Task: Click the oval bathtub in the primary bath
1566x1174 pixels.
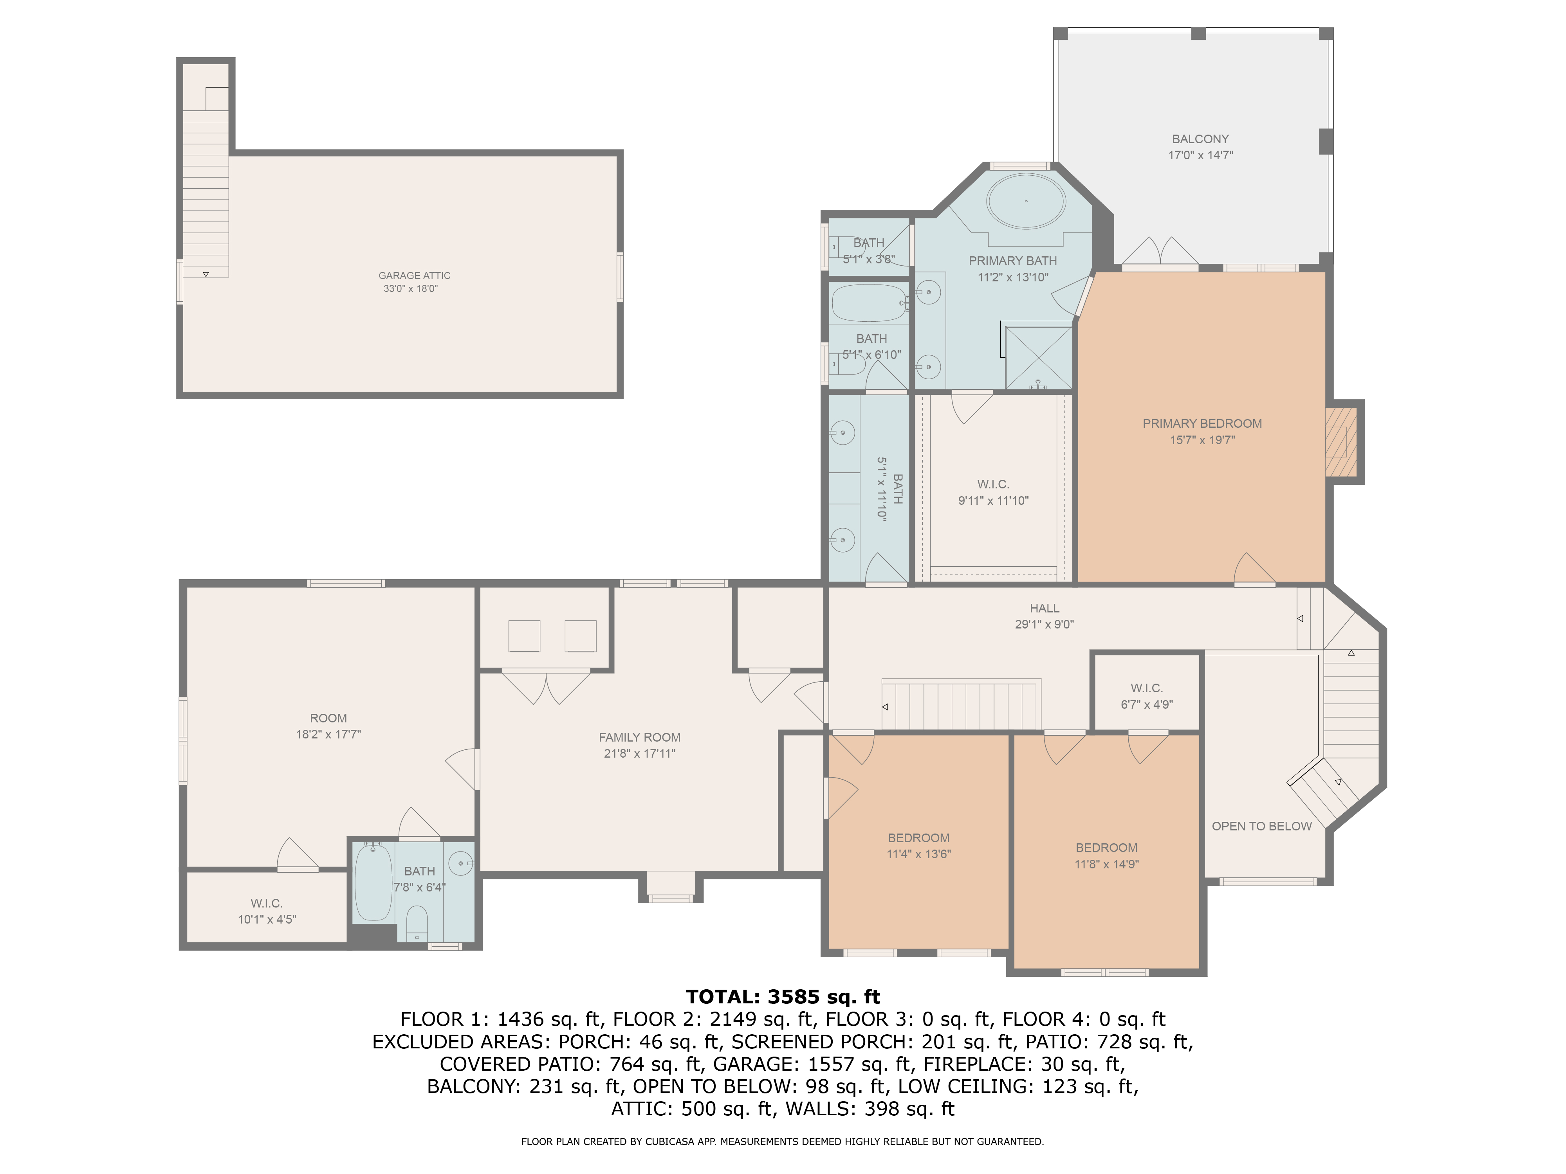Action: coord(1026,201)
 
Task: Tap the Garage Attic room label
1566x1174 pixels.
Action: coord(414,275)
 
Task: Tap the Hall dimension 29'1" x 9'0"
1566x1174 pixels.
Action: coord(1044,624)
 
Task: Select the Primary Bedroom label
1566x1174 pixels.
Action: coord(1202,423)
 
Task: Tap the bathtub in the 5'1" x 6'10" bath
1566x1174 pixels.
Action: coord(870,303)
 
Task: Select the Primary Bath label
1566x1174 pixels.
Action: coord(1012,260)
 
